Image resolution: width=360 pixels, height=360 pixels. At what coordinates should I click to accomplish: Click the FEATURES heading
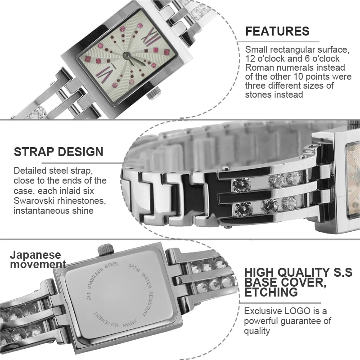point(277,31)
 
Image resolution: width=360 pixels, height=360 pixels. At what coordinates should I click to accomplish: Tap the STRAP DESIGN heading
point(58,152)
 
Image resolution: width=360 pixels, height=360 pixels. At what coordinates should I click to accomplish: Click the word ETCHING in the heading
point(271,292)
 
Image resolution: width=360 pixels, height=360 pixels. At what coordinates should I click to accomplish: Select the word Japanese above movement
point(35,255)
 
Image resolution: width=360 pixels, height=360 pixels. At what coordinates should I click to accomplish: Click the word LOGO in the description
point(301,311)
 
